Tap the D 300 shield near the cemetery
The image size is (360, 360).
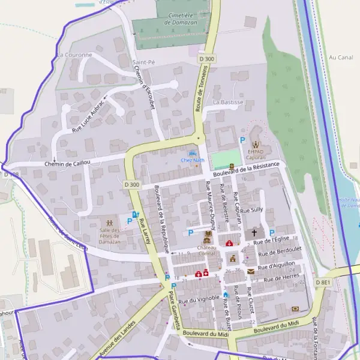tap(206, 59)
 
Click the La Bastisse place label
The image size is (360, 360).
tap(228, 102)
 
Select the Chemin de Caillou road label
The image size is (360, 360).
tap(67, 163)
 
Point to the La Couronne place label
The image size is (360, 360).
tap(75, 55)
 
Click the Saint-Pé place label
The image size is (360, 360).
tap(143, 62)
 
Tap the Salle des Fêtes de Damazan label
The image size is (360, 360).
tap(110, 231)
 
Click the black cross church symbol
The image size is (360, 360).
tap(254, 232)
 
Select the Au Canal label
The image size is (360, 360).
tap(340, 58)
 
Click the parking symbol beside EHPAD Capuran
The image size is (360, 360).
tap(242, 140)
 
